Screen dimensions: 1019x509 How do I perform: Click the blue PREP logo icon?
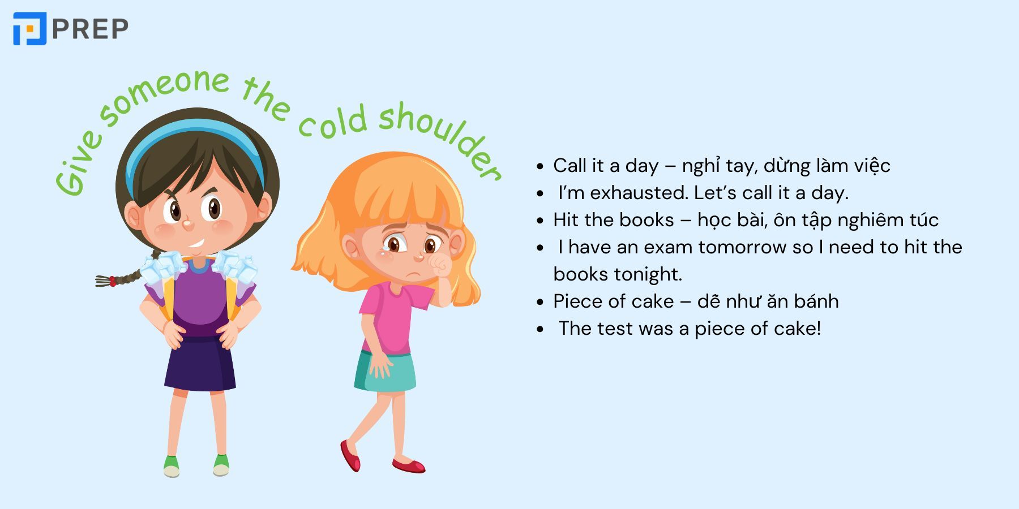pyautogui.click(x=29, y=28)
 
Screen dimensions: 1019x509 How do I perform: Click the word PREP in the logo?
pyautogui.click(x=91, y=29)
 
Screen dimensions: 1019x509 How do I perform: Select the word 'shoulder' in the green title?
pyautogui.click(x=439, y=139)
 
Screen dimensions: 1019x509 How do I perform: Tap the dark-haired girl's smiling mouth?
pyautogui.click(x=195, y=245)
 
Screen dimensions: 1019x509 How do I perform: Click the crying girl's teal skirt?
pyautogui.click(x=385, y=370)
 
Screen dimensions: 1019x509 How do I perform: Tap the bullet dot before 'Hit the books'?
pyautogui.click(x=540, y=221)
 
